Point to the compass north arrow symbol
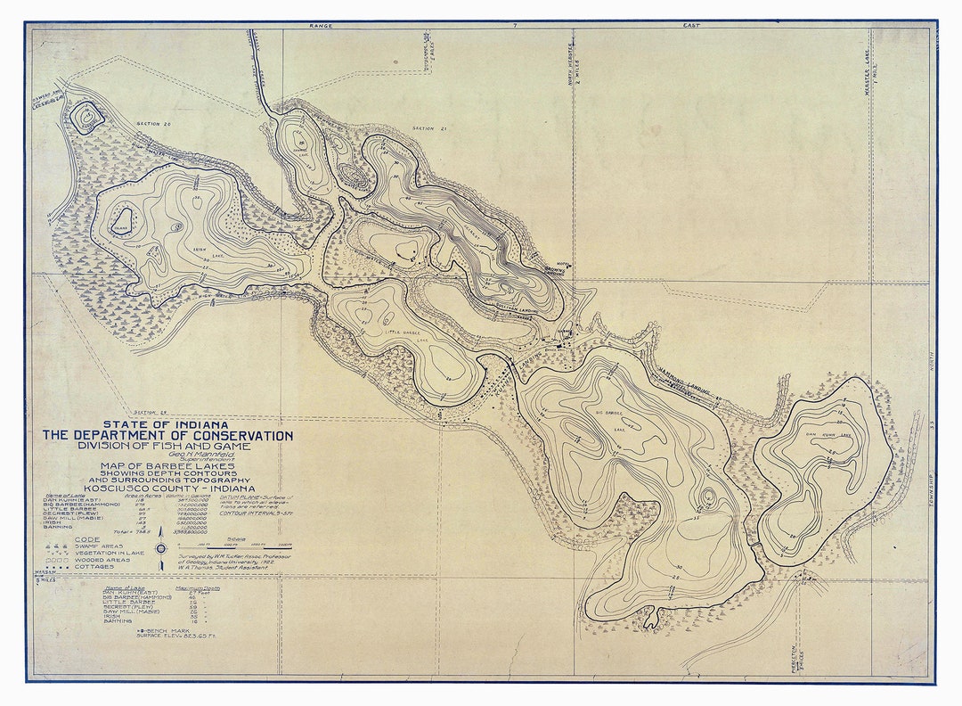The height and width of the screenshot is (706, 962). coord(160,545)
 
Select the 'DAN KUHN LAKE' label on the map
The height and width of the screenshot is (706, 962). coord(828,436)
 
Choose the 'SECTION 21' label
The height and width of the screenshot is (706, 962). coord(428,128)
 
